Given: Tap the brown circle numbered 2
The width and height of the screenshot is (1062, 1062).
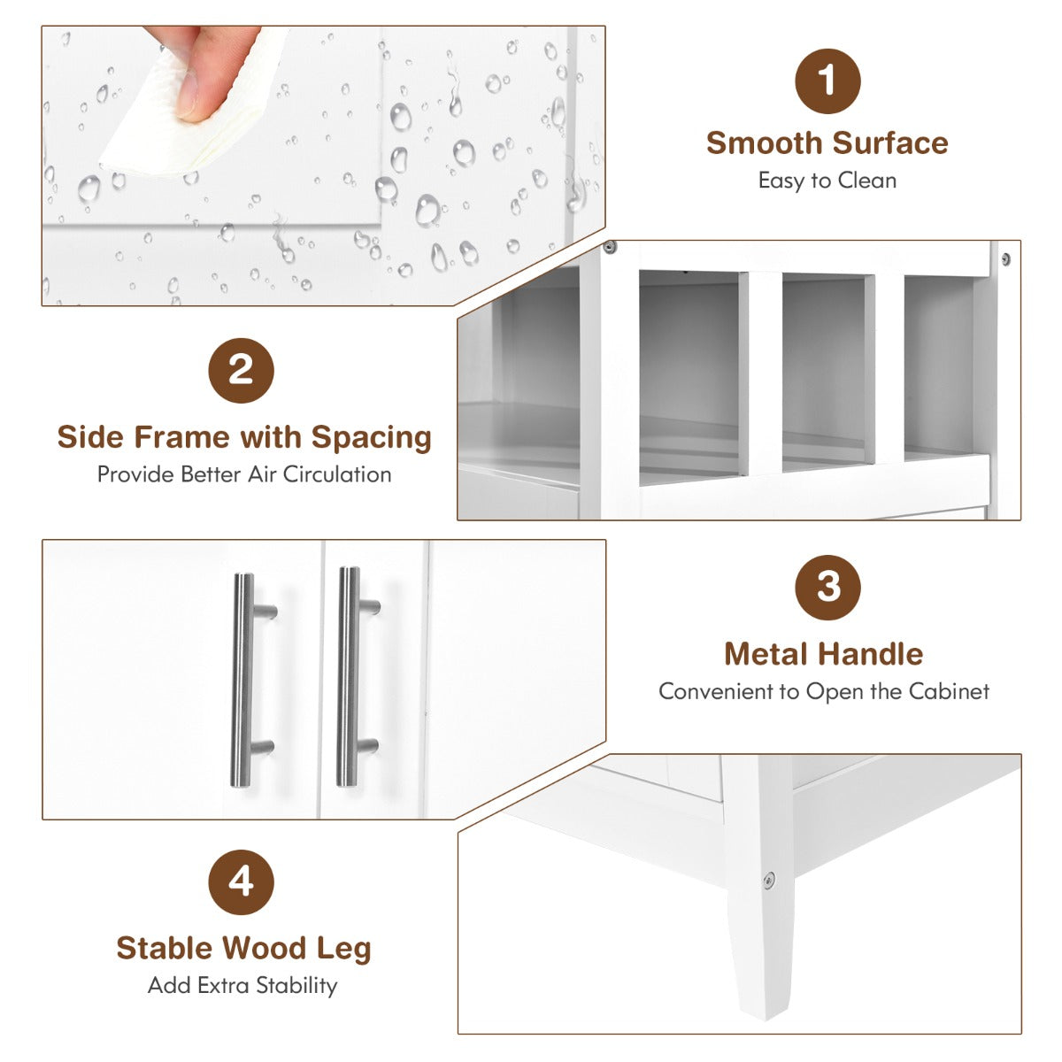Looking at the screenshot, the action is click(x=241, y=370).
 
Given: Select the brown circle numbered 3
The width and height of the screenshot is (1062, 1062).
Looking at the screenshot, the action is click(x=827, y=588).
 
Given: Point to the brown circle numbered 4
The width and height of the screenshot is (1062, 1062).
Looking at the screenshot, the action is click(x=241, y=881).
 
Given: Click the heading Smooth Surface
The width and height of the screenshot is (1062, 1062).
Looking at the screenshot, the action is click(x=827, y=143).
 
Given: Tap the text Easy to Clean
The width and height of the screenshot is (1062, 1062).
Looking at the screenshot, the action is click(x=827, y=181).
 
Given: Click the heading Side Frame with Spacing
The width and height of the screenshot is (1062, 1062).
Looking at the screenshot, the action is click(x=244, y=438).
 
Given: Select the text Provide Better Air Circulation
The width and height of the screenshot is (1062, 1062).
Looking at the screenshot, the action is click(x=244, y=474).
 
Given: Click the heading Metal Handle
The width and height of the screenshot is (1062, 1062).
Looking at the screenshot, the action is click(x=824, y=654).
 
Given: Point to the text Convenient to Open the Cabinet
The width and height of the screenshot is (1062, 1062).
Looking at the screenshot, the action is click(x=824, y=691).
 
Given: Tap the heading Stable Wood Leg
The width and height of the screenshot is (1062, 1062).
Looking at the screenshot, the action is click(x=243, y=949).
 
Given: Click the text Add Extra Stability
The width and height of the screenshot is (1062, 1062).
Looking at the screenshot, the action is click(x=242, y=985).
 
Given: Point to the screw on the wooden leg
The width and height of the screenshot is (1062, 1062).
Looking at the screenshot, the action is click(x=769, y=880).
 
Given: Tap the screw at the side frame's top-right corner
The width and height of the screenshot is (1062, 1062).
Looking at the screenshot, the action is click(x=1005, y=258).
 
